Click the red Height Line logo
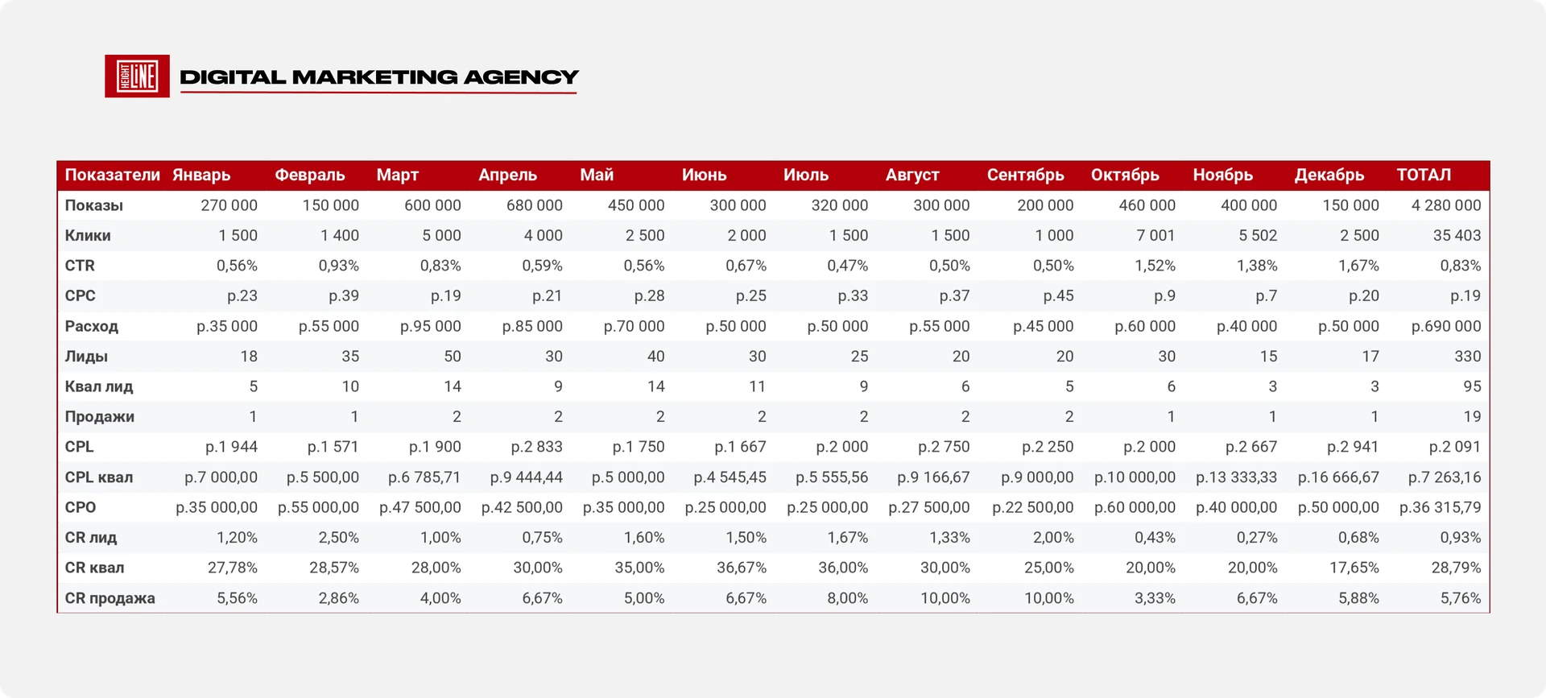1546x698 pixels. [137, 76]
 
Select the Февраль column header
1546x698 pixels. [310, 175]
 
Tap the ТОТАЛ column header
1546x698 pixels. [1424, 175]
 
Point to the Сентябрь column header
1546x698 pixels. [1026, 175]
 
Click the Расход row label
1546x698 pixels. [92, 326]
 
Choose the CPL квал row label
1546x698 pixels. [99, 477]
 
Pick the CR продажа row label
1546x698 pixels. [110, 598]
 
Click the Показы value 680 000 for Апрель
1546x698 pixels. [535, 205]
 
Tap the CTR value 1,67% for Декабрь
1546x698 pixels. [1358, 266]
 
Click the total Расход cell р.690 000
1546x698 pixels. [1446, 326]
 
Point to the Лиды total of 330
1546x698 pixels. [1467, 356]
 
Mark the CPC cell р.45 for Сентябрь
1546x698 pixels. [1058, 295]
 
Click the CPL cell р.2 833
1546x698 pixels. [536, 447]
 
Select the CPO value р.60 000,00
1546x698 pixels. [1135, 507]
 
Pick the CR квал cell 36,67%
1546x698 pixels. [742, 568]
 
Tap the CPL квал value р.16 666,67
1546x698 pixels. [1338, 477]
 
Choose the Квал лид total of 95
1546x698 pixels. [1472, 386]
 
